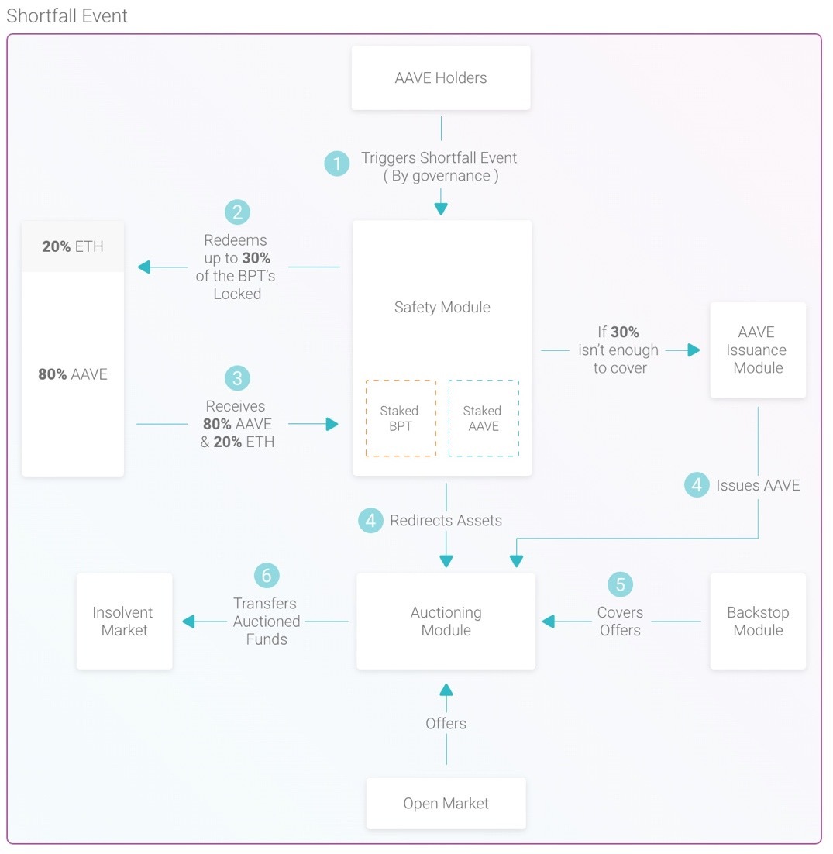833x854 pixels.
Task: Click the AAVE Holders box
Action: pos(441,78)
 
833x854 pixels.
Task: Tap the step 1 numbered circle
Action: pos(337,164)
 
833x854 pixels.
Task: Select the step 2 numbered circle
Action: pos(237,212)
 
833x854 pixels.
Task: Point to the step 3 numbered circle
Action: pos(237,378)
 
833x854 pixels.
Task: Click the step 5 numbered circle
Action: pos(620,584)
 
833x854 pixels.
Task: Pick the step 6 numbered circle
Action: pos(267,575)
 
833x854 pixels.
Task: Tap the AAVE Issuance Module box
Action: pos(758,350)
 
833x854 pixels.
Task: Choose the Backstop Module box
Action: pos(758,622)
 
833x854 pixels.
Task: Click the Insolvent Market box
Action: pos(124,622)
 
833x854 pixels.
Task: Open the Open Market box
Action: pos(446,804)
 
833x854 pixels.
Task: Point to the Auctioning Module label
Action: pos(446,622)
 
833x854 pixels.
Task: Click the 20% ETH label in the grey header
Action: pos(72,246)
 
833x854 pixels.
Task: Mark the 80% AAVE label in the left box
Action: pos(72,374)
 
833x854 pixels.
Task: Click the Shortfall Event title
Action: pos(67,15)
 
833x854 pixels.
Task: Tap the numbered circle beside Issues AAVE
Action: pos(697,484)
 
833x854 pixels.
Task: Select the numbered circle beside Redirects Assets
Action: pos(370,520)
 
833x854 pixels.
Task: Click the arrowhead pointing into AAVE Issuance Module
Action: pos(694,350)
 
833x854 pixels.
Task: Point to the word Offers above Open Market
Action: pos(446,723)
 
